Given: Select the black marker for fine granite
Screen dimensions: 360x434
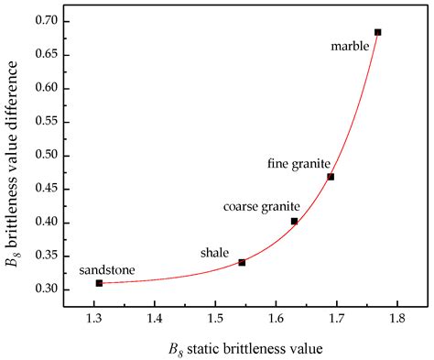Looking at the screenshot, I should pyautogui.click(x=331, y=177).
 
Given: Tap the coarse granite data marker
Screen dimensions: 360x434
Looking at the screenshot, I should pyautogui.click(x=294, y=221).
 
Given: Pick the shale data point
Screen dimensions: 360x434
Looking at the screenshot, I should pyautogui.click(x=242, y=263).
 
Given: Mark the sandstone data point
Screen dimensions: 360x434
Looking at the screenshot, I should pyautogui.click(x=99, y=283).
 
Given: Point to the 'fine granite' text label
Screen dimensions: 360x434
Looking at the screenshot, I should pyautogui.click(x=299, y=163).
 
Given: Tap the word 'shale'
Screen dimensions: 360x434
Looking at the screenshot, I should pyautogui.click(x=215, y=252).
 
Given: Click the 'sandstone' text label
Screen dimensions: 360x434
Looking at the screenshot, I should pyautogui.click(x=105, y=270).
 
